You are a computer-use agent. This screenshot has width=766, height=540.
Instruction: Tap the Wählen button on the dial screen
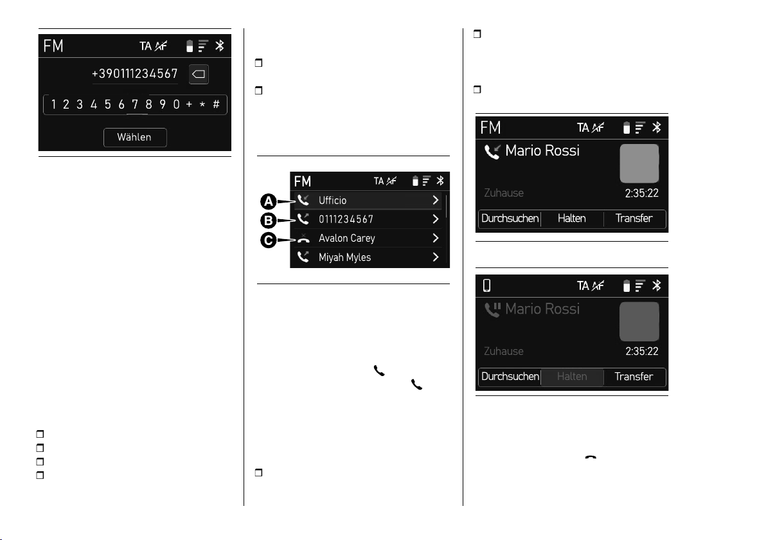135,138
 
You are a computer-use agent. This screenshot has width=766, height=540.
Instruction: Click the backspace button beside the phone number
199,75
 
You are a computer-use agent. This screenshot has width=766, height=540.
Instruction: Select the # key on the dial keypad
216,104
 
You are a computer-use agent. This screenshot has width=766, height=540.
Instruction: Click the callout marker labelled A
268,201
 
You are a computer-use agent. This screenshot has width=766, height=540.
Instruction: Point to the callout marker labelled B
268,221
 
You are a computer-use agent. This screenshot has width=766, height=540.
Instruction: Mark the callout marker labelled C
268,240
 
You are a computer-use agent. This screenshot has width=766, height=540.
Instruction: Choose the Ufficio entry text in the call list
333,201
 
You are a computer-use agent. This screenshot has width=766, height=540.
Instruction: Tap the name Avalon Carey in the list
347,239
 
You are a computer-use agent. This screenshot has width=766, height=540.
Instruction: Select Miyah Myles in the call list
345,258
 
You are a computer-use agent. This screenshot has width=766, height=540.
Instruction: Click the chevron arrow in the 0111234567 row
435,219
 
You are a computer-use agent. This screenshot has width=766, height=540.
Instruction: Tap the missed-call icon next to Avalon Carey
303,239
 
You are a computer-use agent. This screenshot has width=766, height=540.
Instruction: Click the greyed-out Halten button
572,376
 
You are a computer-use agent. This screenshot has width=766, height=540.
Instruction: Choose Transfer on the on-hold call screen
634,376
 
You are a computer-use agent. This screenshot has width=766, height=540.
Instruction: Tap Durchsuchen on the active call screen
510,219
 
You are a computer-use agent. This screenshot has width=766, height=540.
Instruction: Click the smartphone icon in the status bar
486,285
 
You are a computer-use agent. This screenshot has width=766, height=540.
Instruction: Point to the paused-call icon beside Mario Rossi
492,309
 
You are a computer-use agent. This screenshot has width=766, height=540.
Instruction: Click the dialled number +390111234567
135,74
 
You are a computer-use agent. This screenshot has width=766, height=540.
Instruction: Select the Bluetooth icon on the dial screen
220,46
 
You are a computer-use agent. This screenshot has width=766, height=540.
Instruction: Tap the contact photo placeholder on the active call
639,163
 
